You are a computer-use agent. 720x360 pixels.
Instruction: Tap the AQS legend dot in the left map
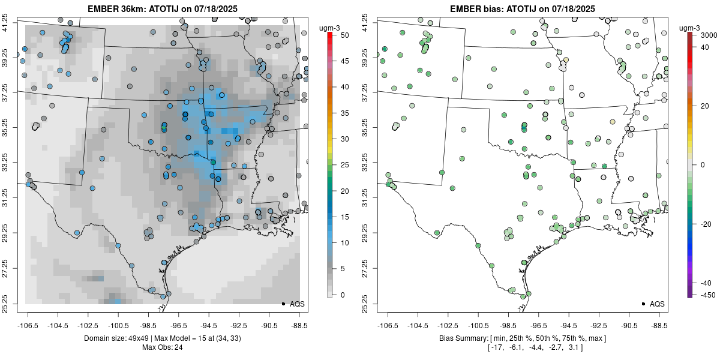coord(283,304)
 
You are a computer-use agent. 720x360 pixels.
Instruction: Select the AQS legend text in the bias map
coord(657,304)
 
